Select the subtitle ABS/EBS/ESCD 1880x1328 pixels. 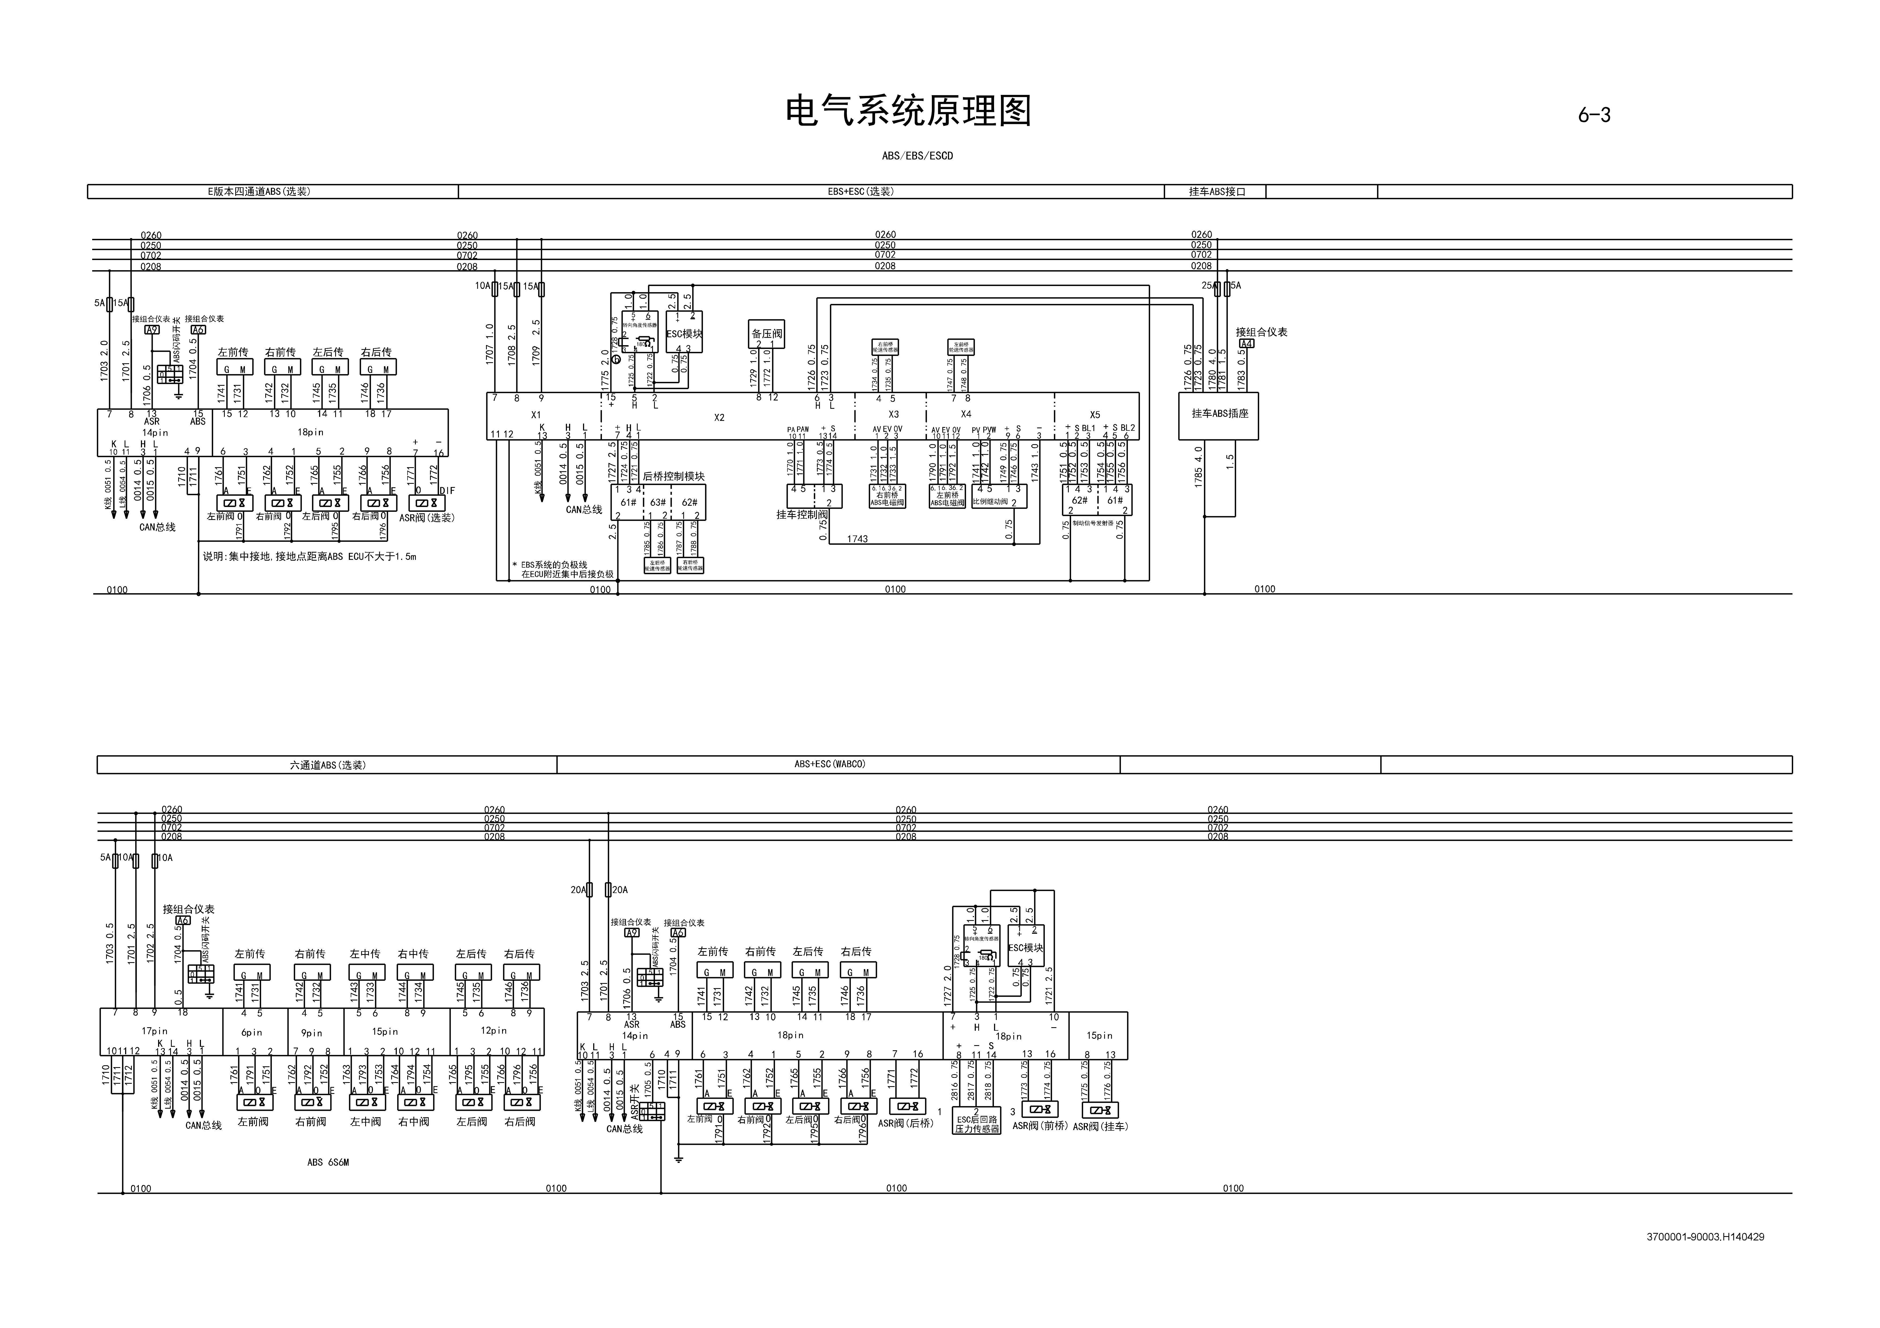pos(917,156)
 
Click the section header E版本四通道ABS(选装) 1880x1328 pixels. pos(259,192)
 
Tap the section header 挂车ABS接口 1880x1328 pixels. pos(1217,192)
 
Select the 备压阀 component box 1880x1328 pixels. pos(767,333)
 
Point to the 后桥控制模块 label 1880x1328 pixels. pos(673,477)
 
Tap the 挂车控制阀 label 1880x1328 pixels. pos(802,515)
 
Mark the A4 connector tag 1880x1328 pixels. pos(1245,344)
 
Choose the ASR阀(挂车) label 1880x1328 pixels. pos(1101,1127)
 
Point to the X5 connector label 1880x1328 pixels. pos(1095,415)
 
